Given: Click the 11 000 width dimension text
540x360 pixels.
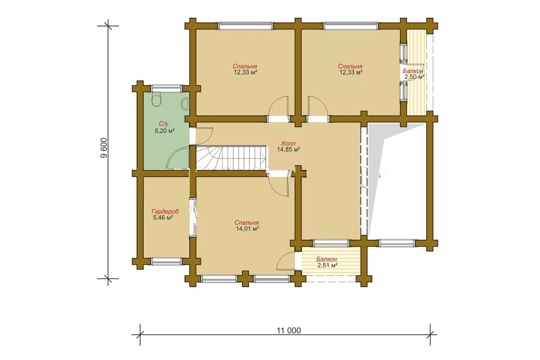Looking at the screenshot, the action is (x=289, y=330).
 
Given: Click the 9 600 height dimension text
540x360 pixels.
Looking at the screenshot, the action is (x=104, y=148).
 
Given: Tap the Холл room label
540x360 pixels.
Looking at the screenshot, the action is (x=288, y=143).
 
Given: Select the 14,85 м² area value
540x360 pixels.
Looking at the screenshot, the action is (x=288, y=149).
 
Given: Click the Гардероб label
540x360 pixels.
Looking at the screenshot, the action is (x=165, y=211).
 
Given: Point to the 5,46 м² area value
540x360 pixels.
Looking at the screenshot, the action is (x=163, y=218).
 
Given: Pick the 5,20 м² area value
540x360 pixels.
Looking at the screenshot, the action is (x=165, y=131).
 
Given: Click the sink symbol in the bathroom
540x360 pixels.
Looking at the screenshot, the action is (x=185, y=104).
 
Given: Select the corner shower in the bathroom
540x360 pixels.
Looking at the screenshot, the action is (x=178, y=159).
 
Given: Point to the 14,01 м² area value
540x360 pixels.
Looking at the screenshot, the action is (x=247, y=229).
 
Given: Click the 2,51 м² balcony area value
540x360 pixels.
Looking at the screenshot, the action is (x=327, y=265).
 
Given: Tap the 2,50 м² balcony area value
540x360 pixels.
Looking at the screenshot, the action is (x=414, y=77).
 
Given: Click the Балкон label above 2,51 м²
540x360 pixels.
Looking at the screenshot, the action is (x=327, y=259).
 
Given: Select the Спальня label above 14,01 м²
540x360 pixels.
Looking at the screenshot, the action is (x=247, y=222).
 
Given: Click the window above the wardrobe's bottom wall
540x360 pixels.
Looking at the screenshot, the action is (x=167, y=261).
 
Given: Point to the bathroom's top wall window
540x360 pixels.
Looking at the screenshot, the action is (x=167, y=89).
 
